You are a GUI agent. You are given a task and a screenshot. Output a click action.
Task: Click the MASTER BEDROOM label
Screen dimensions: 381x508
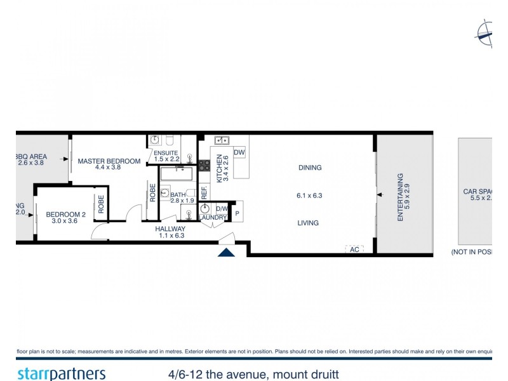(x=109, y=161)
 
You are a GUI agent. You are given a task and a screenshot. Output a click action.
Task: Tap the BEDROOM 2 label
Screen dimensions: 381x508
(x=65, y=215)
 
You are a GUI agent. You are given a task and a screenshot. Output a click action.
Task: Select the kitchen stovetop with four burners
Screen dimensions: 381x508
(x=204, y=165)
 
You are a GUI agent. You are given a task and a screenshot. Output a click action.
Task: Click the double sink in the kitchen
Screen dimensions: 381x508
(x=222, y=140)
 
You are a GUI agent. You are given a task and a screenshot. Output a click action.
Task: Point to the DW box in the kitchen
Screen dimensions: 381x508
(x=239, y=153)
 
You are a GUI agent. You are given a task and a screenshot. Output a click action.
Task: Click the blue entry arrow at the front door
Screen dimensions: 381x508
(x=227, y=253)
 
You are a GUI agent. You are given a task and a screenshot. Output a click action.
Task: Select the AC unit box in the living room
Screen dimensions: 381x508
(x=355, y=250)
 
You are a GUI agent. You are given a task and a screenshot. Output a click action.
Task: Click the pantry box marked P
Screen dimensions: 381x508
(x=237, y=213)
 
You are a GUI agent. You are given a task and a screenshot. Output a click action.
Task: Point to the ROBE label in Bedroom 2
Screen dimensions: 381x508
(x=100, y=204)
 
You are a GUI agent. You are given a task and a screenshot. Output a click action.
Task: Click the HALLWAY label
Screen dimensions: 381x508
(x=170, y=229)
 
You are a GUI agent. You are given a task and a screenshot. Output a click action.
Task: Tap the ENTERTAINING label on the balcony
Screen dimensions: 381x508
(x=400, y=197)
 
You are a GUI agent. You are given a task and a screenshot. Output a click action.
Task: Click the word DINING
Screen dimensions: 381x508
(x=310, y=168)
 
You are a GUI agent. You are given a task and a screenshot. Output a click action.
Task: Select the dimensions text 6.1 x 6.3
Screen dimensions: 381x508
(x=309, y=196)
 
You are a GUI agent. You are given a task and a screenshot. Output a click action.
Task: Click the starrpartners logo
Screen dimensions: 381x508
(x=61, y=373)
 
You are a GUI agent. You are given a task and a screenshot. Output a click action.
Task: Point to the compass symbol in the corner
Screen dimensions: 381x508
(x=485, y=33)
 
